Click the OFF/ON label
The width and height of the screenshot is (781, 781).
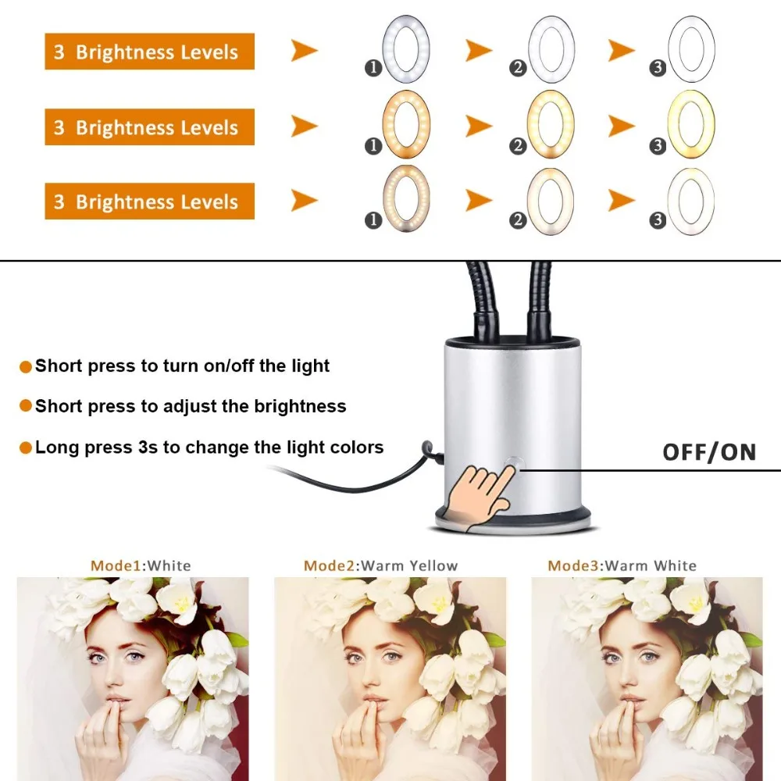[709, 452]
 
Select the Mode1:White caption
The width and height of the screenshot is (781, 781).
[141, 565]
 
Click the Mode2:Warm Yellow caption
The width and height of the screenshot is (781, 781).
[381, 565]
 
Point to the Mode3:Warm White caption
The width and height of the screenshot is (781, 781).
[622, 565]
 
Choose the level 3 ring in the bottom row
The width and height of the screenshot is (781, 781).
[690, 198]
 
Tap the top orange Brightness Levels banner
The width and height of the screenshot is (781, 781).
[149, 52]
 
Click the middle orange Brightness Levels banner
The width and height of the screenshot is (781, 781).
[149, 127]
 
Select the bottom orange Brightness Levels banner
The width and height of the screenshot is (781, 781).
[149, 202]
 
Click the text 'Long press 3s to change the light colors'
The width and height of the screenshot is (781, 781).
[209, 448]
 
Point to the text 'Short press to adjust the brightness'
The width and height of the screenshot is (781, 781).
[191, 406]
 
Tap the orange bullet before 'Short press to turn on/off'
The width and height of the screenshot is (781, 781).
[26, 366]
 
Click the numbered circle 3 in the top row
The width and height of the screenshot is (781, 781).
[658, 69]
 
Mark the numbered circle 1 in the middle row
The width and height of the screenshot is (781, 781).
[373, 145]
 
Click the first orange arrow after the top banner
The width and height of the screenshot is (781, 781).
[305, 52]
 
